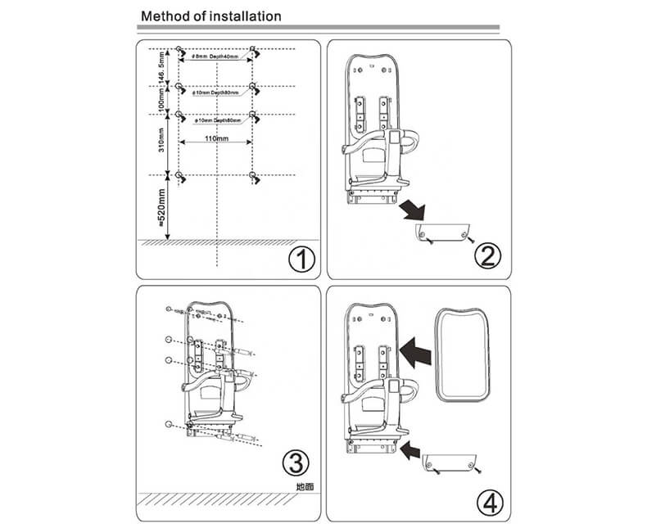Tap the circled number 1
[x=302, y=260]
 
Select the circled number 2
[x=488, y=255]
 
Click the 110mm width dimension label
[x=216, y=140]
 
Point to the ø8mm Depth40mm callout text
[x=215, y=57]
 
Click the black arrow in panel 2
[x=410, y=207]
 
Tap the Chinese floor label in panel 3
[x=305, y=486]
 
